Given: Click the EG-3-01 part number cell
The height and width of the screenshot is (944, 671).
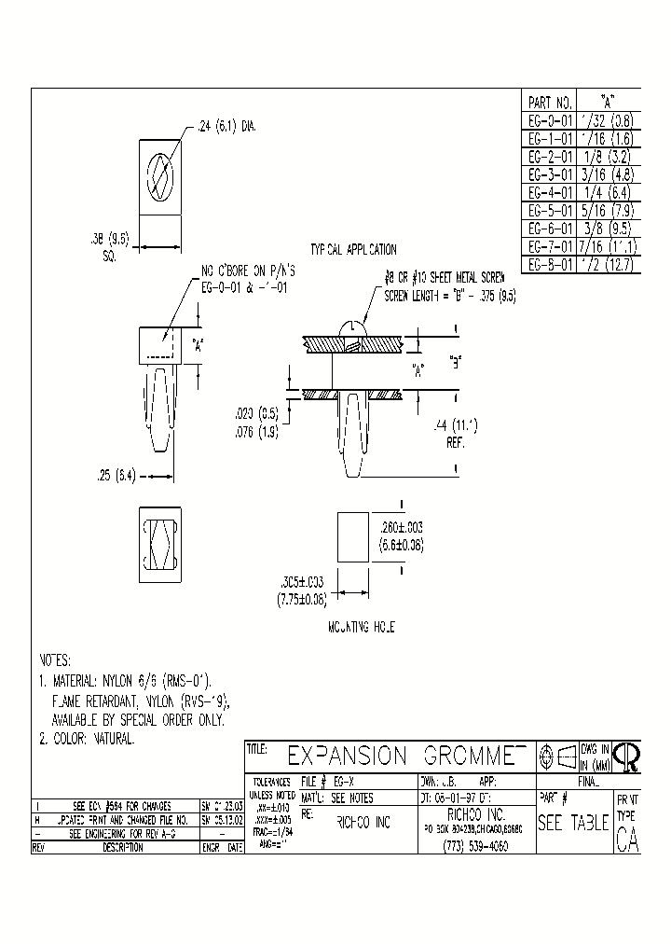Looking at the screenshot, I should pyautogui.click(x=549, y=174).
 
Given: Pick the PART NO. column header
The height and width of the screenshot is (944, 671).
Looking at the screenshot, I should pyautogui.click(x=549, y=103).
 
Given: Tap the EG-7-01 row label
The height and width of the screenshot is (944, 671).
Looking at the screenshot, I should pyautogui.click(x=549, y=245).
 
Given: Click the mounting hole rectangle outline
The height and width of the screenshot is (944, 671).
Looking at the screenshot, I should pyautogui.click(x=352, y=536).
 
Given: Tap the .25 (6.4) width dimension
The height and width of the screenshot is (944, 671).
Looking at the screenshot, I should pyautogui.click(x=120, y=475).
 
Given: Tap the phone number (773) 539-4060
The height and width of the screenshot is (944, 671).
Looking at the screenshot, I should pyautogui.click(x=472, y=846).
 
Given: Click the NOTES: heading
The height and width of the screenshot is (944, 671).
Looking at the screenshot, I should pyautogui.click(x=55, y=659).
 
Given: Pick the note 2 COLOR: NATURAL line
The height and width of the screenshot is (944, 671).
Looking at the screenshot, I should pyautogui.click(x=87, y=738).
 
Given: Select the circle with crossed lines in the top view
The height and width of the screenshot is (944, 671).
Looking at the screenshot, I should pyautogui.click(x=160, y=174).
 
